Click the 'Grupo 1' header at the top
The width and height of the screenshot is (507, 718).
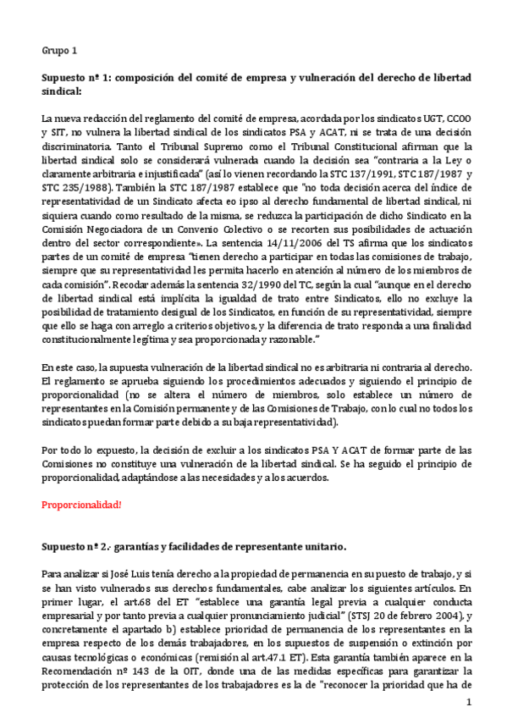[59, 50]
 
